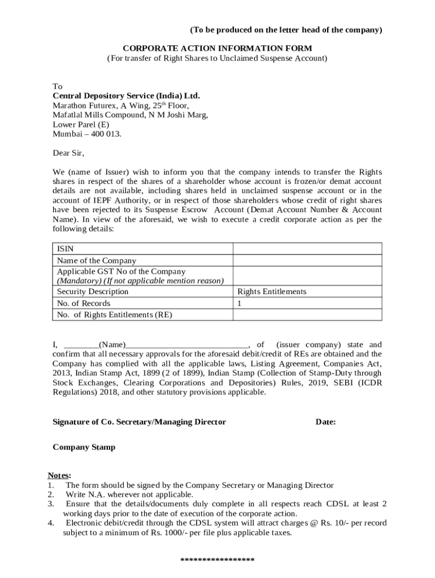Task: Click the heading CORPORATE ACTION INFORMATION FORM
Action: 217,49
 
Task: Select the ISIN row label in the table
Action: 65,249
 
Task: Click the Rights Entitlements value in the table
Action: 272,292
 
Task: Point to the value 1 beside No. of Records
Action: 240,303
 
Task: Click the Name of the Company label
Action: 97,260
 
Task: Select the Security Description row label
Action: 93,292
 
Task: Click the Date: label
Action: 325,422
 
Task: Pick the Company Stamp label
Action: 84,447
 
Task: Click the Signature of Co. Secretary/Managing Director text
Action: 139,422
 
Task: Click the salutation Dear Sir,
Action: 68,152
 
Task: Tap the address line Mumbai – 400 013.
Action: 87,134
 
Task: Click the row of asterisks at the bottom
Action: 217,561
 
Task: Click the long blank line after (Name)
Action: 186,345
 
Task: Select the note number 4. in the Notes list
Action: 51,523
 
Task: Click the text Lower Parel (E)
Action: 81,124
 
